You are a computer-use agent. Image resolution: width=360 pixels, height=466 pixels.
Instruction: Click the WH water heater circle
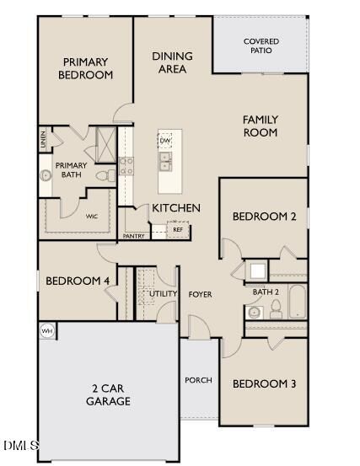pyautogui.click(x=47, y=331)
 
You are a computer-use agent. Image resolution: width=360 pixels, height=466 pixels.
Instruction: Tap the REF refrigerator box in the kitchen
pyautogui.click(x=178, y=229)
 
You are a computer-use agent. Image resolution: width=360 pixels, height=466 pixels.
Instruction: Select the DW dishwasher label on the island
pyautogui.click(x=165, y=140)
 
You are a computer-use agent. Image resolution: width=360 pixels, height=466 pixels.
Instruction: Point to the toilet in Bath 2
pyautogui.click(x=276, y=308)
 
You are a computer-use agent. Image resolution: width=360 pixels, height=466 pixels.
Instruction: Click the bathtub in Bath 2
pyautogui.click(x=298, y=302)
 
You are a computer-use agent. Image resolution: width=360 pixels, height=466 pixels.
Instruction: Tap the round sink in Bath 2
pyautogui.click(x=255, y=313)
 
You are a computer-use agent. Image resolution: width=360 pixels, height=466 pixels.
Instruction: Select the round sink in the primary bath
pyautogui.click(x=46, y=175)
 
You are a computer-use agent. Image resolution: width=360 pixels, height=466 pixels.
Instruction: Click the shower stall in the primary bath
pyautogui.click(x=106, y=145)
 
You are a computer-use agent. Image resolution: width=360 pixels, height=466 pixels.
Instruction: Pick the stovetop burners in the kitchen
pyautogui.click(x=126, y=166)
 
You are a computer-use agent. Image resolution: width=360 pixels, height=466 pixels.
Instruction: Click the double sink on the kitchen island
pyautogui.click(x=165, y=161)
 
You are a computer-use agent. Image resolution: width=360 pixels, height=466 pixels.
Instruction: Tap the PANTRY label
pyautogui.click(x=134, y=236)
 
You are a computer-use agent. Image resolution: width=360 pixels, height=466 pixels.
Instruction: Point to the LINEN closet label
pyautogui.click(x=43, y=139)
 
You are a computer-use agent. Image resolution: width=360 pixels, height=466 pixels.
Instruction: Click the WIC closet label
pyautogui.click(x=92, y=217)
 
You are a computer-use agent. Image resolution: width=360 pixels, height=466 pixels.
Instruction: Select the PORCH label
pyautogui.click(x=198, y=380)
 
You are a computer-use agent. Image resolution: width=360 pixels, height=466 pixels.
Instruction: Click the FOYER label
pyautogui.click(x=200, y=295)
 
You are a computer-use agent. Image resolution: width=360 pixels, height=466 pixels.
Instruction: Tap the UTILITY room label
pyautogui.click(x=163, y=293)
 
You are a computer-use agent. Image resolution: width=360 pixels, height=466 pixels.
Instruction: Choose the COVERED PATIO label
pyautogui.click(x=261, y=46)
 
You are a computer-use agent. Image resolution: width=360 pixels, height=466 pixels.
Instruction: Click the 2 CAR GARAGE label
pyautogui.click(x=108, y=394)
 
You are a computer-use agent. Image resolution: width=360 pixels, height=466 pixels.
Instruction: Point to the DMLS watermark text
pyautogui.click(x=21, y=446)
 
